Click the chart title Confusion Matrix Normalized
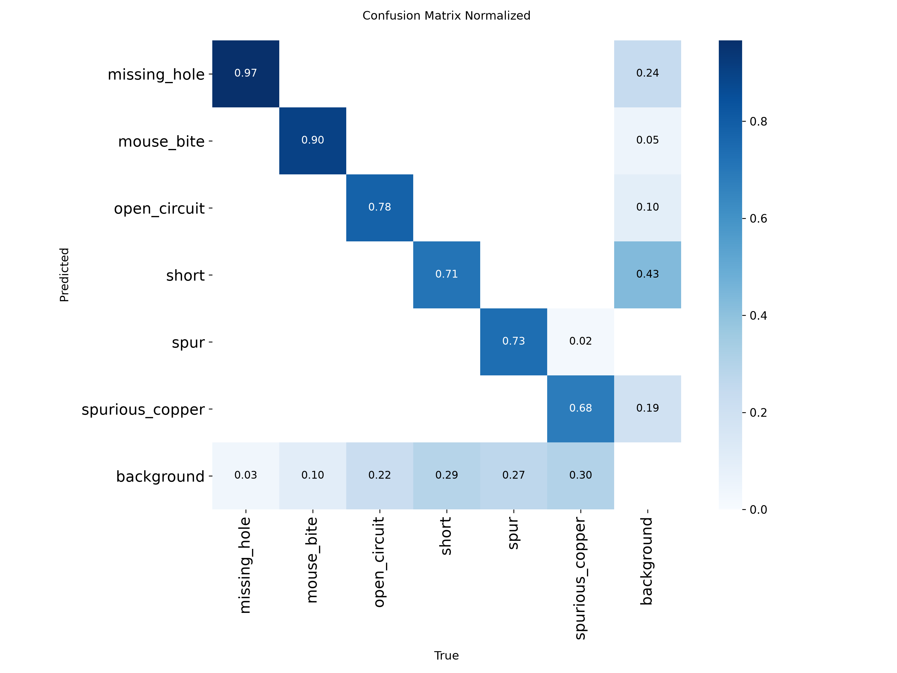pos(446,16)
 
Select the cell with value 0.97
pos(246,74)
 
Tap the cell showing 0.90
pos(313,141)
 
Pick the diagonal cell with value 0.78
pos(379,208)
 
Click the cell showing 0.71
pos(446,275)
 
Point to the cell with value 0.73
pos(513,342)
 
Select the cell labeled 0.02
pos(580,342)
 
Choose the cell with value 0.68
pos(580,409)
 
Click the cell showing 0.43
pos(648,275)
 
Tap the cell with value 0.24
pos(648,74)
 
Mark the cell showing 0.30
pos(580,476)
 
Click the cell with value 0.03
pos(246,476)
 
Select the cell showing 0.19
pos(648,409)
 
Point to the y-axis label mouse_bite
pos(161,141)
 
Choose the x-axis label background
pos(646,561)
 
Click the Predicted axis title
pos(64,275)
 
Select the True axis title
pos(446,656)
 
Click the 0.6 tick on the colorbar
pos(758,219)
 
